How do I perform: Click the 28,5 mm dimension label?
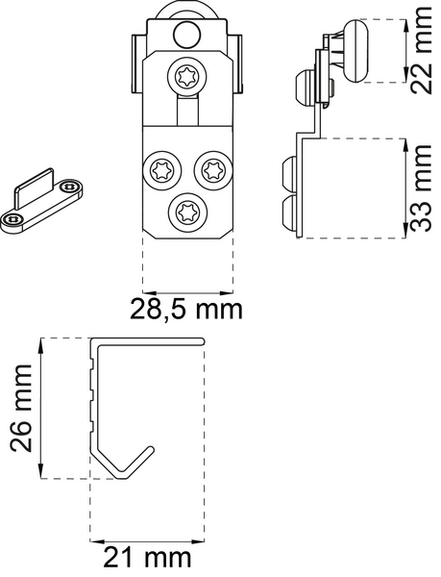click(x=186, y=310)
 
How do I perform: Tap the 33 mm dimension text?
click(x=420, y=188)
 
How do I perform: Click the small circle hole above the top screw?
click(x=187, y=36)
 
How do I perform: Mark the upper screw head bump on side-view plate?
click(x=289, y=174)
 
